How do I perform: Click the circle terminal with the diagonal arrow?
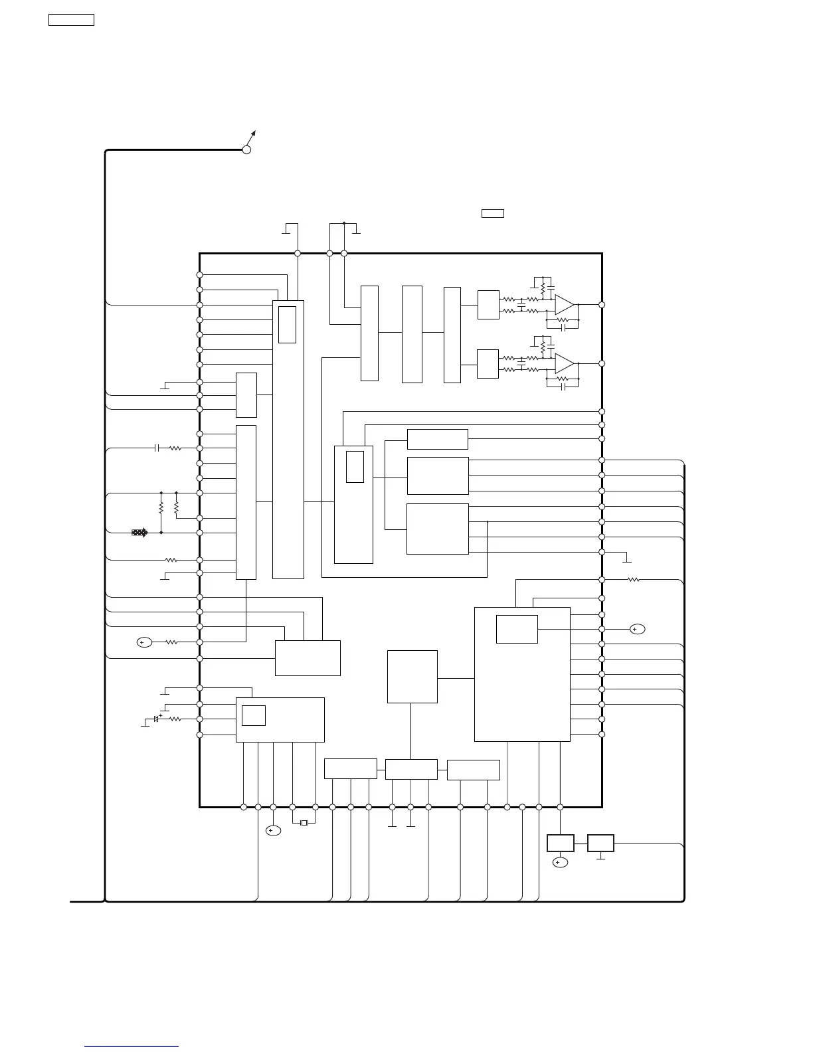point(246,149)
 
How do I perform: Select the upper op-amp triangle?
point(563,305)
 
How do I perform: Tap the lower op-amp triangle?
point(563,363)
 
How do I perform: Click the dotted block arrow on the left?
point(139,533)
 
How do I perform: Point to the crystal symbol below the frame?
point(304,823)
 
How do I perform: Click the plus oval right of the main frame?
point(637,629)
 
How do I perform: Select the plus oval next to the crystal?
point(273,831)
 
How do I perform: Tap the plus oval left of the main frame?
point(144,642)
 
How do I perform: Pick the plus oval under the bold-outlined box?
point(560,863)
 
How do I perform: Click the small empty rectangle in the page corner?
point(71,20)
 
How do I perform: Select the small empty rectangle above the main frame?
point(492,213)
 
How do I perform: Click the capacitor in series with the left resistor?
point(157,448)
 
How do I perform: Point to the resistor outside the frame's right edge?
point(634,580)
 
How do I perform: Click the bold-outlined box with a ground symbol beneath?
point(600,843)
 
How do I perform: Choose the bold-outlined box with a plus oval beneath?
point(560,843)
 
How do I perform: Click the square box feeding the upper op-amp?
point(488,305)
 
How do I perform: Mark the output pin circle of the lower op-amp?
point(602,363)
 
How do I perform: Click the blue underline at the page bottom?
point(132,1047)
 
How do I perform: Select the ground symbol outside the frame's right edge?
point(626,561)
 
